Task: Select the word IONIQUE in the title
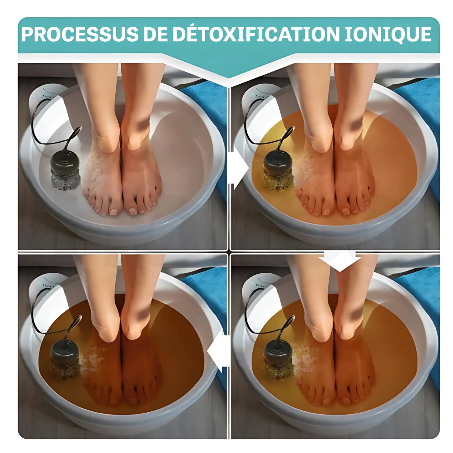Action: [x=388, y=34]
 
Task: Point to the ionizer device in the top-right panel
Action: [x=277, y=171]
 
